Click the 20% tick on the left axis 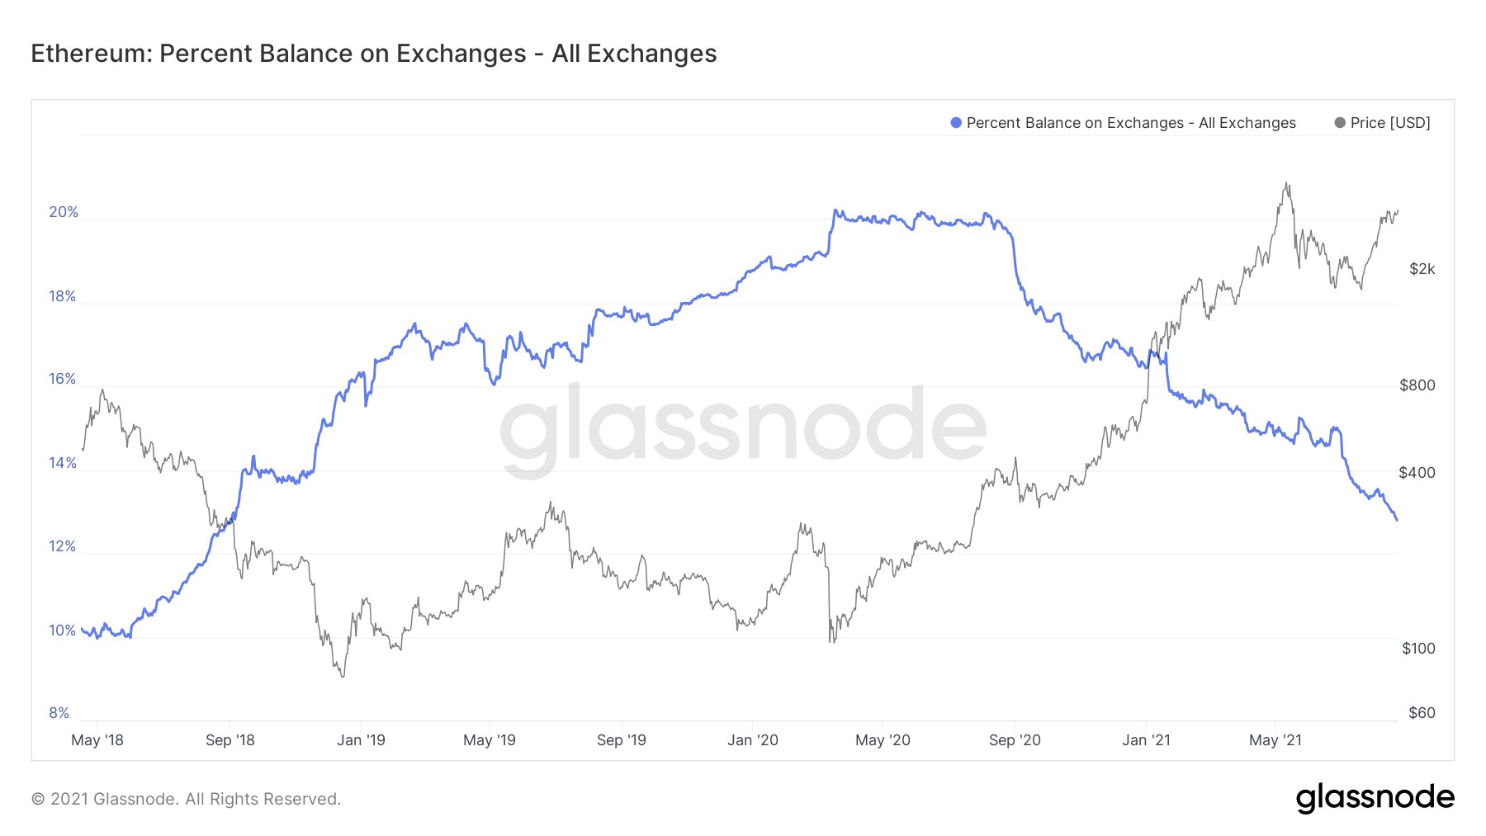point(64,212)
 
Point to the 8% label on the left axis point(59,713)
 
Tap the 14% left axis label point(63,463)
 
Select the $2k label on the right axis point(1422,269)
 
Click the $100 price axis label point(1418,649)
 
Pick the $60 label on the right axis point(1422,713)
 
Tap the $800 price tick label point(1417,385)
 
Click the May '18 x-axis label point(97,740)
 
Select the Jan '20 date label point(752,740)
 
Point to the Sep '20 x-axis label point(1015,740)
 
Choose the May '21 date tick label point(1275,740)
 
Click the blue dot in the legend point(956,123)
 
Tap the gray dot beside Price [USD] point(1340,123)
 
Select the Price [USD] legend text point(1390,123)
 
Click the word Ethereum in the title point(89,54)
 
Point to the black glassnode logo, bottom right point(1375,798)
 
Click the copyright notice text point(186,799)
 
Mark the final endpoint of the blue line point(1396,519)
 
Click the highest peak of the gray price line point(1286,183)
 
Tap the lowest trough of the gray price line point(343,677)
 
